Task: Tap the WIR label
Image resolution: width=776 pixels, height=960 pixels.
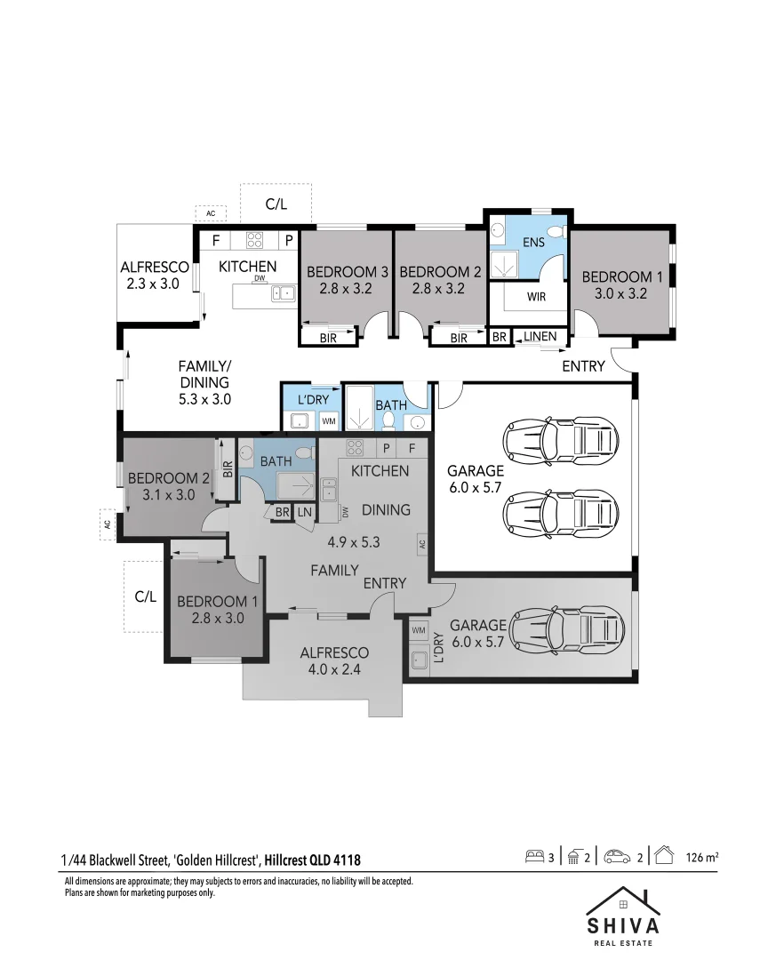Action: (x=536, y=297)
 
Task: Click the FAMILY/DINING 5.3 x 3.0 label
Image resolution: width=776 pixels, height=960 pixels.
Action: (x=204, y=382)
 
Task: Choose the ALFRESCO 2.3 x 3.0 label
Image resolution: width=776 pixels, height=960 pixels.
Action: (x=155, y=275)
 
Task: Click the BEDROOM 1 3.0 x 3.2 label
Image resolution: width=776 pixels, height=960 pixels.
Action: (x=621, y=284)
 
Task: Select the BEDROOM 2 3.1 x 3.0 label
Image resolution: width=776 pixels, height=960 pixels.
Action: (x=168, y=486)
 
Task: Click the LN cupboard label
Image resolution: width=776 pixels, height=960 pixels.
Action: (x=304, y=513)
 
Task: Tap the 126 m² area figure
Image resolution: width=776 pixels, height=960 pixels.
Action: (x=701, y=858)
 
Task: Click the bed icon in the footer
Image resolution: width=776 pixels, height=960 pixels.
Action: (x=534, y=857)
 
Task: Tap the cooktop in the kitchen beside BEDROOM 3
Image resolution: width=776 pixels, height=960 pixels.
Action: (x=254, y=240)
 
